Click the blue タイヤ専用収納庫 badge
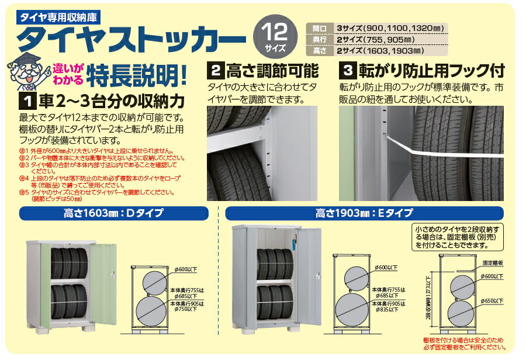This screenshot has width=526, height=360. [58, 18]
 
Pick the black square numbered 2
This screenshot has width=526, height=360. [215, 71]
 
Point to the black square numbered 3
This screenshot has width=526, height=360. [348, 71]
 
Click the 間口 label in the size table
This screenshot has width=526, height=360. [319, 29]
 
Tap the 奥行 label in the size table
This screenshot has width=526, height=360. [319, 40]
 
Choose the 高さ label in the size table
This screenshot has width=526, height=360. [319, 51]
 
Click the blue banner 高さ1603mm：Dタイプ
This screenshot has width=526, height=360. [114, 213]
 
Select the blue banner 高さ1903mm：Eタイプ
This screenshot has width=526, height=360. [364, 213]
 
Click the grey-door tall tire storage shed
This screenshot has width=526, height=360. [277, 278]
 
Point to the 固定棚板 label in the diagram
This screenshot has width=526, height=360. [493, 264]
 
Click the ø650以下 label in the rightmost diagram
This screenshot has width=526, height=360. [492, 301]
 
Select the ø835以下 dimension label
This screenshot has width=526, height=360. [387, 310]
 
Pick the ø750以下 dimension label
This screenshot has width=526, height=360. [185, 309]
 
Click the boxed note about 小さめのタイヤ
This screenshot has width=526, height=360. [458, 237]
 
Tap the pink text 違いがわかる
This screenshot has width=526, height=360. [68, 74]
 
